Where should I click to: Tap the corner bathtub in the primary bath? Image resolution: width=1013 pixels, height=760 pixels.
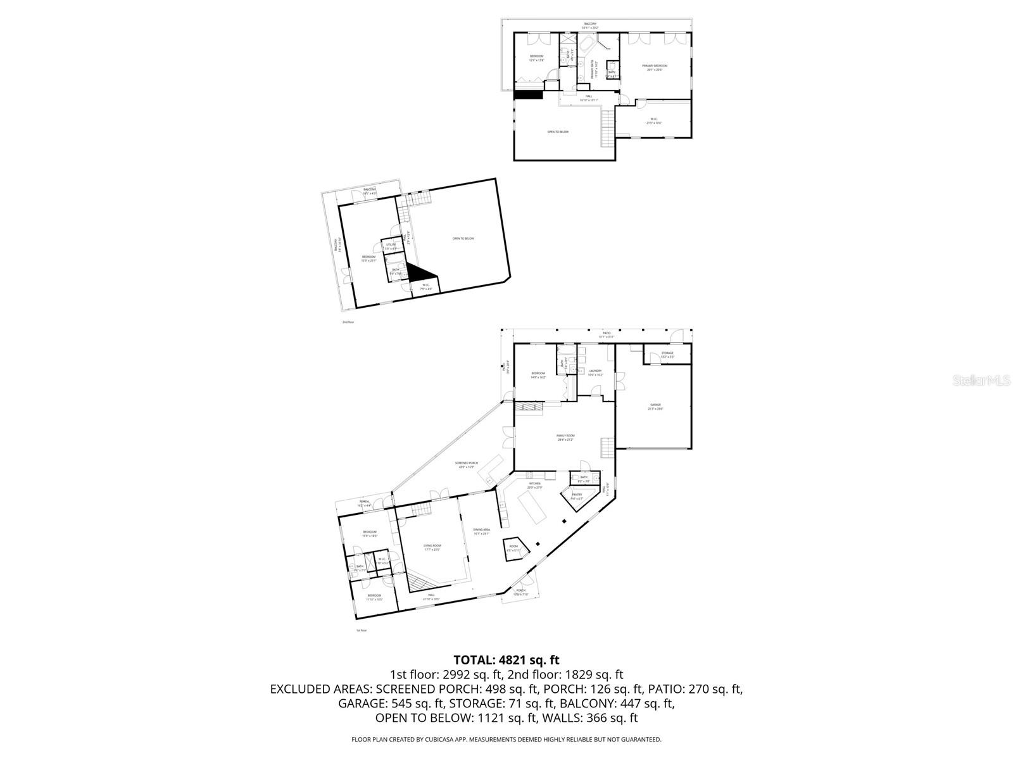[586, 44]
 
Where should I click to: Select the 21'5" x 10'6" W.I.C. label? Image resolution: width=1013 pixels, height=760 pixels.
[653, 121]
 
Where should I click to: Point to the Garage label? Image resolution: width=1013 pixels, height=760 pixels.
[655, 406]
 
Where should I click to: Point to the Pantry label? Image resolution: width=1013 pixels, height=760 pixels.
[577, 497]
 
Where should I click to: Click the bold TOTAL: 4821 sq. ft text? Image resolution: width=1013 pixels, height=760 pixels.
[506, 661]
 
